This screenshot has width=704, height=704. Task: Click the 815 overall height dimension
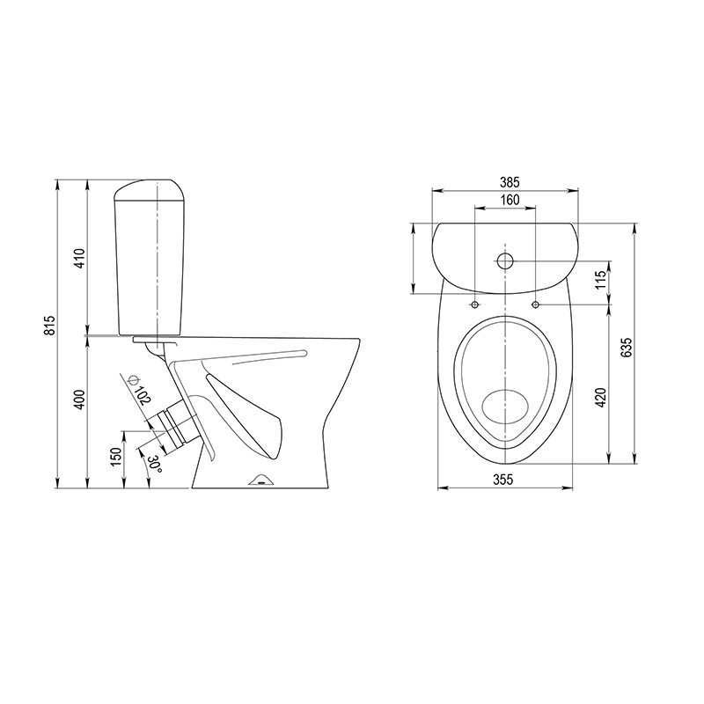51,325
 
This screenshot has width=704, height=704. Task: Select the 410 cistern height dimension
80,258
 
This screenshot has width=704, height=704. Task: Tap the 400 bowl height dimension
80,400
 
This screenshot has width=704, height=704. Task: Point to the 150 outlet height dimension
117,457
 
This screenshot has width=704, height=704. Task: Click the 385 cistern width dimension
510,182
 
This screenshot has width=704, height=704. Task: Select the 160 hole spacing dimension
510,200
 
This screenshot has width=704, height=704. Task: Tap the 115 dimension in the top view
602,280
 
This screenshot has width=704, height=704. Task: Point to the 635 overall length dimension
627,347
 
